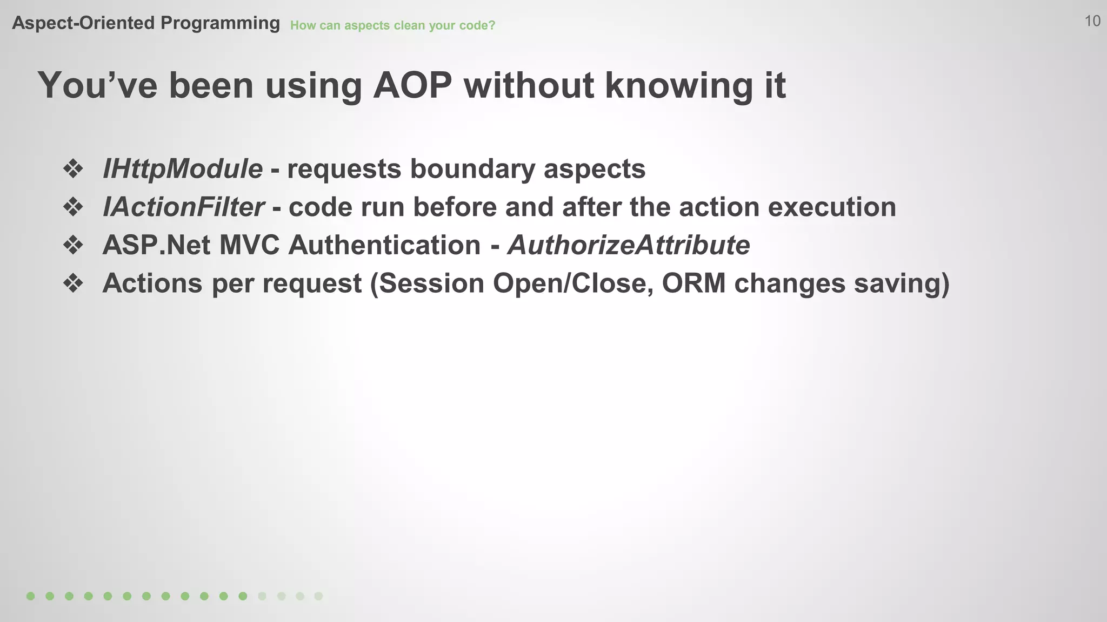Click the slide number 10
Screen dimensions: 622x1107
pyautogui.click(x=1092, y=21)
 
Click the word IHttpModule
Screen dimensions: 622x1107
pyautogui.click(x=182, y=169)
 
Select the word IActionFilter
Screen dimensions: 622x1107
pyautogui.click(x=183, y=207)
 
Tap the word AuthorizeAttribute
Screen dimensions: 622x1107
pyautogui.click(x=628, y=245)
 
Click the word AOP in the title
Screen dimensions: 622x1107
pyautogui.click(x=412, y=85)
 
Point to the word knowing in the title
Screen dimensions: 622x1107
pyautogui.click(x=678, y=85)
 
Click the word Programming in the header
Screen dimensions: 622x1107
pyautogui.click(x=220, y=23)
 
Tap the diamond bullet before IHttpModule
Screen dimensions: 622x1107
pyautogui.click(x=73, y=169)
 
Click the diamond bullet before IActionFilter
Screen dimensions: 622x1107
pyautogui.click(x=73, y=207)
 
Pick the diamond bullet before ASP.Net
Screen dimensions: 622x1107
pyautogui.click(x=73, y=246)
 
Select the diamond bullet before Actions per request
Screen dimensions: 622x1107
pyautogui.click(x=73, y=284)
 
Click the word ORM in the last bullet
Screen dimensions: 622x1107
pyautogui.click(x=693, y=283)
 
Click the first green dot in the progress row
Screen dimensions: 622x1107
pyautogui.click(x=31, y=596)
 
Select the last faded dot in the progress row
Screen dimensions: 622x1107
pyautogui.click(x=319, y=596)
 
